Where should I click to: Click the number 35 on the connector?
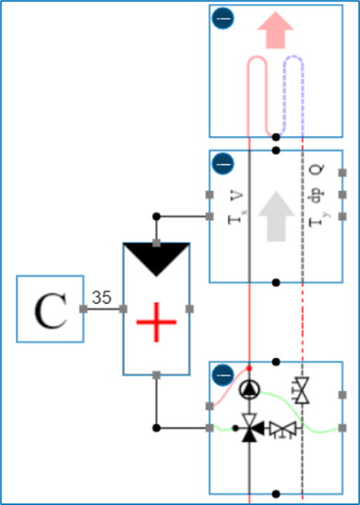tap(101, 297)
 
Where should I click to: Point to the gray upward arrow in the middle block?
tap(276, 212)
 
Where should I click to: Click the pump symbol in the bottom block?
tap(249, 389)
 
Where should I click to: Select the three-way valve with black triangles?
tap(249, 427)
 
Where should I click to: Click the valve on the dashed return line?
tap(302, 391)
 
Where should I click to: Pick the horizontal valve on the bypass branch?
tap(282, 428)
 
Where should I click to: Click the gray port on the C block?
tap(84, 309)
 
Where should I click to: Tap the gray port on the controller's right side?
tap(189, 309)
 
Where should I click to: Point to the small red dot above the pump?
tap(249, 367)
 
